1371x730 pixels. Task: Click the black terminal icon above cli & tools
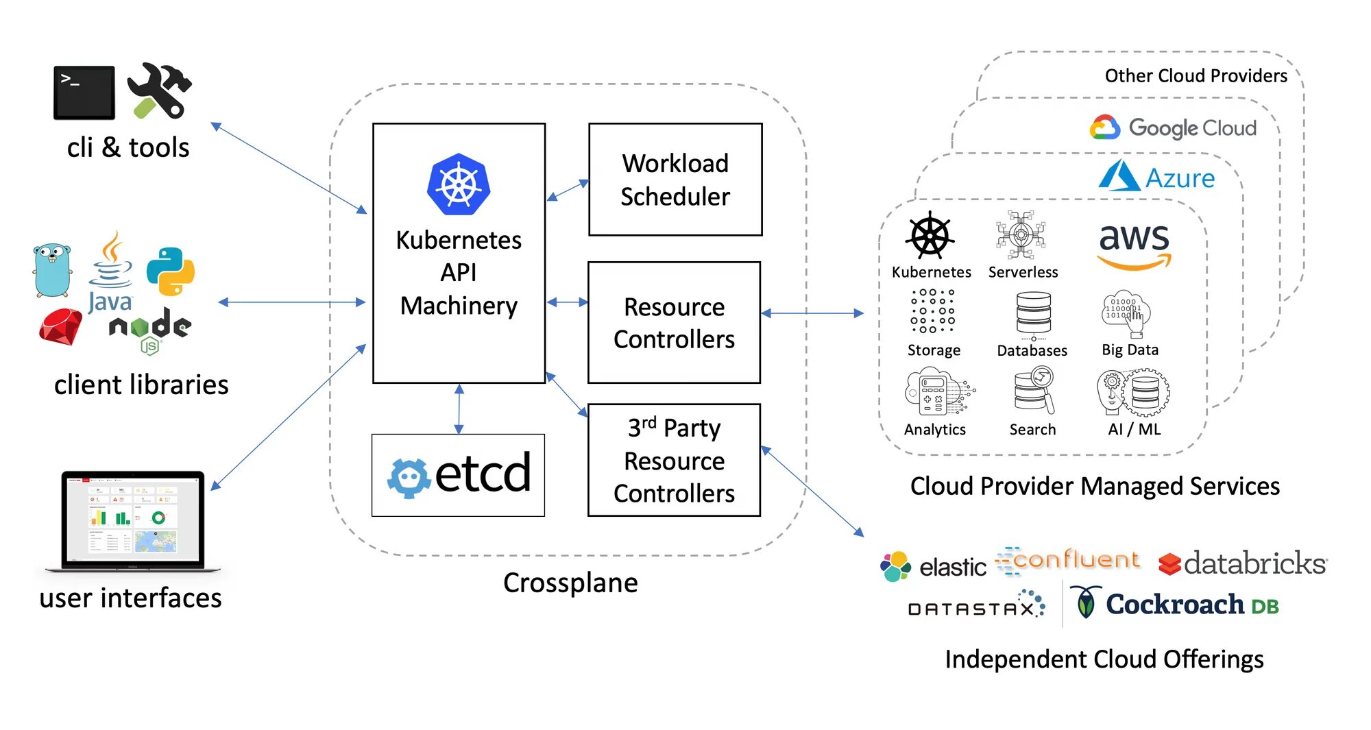point(84,93)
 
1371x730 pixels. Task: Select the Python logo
point(171,271)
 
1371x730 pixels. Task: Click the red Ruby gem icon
point(60,327)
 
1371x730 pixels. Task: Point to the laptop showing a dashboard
point(133,520)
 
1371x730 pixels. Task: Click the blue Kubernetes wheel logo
point(459,184)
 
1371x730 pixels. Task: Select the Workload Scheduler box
point(675,180)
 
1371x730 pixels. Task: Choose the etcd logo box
point(458,475)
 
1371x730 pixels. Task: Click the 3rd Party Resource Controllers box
point(674,460)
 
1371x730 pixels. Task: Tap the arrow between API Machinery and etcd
point(459,409)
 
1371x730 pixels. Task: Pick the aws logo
point(1135,245)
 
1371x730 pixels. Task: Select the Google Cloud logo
point(1174,128)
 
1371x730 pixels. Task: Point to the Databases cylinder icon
point(1033,315)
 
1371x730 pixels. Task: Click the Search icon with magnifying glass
point(1034,391)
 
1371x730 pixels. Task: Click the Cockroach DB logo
point(1175,605)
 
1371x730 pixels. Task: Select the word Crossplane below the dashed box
point(570,583)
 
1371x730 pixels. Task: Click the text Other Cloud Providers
point(1196,76)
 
